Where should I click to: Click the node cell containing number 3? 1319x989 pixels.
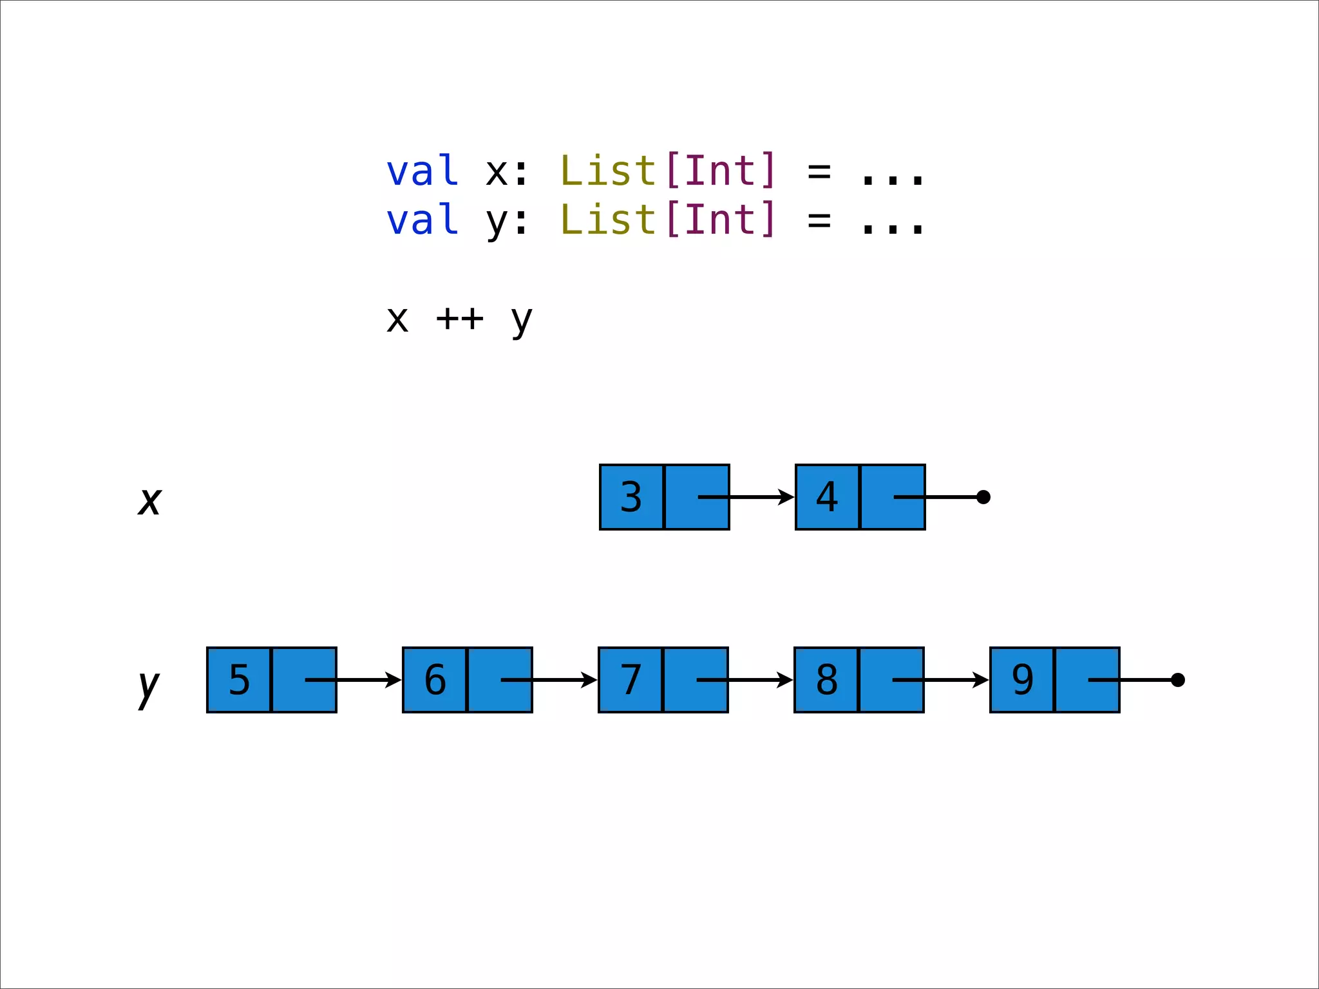[x=631, y=497]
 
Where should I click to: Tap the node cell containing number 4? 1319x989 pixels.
[x=827, y=497]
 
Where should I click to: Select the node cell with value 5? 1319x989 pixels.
[x=239, y=680]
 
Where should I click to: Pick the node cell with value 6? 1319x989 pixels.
[x=435, y=680]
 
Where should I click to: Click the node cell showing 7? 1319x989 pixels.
[x=631, y=680]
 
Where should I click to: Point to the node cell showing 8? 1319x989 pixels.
[x=826, y=680]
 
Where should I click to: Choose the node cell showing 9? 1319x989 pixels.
[x=1022, y=680]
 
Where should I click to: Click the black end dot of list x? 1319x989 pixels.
[x=983, y=497]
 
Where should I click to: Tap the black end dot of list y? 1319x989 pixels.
[x=1178, y=680]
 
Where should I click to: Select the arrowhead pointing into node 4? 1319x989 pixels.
[x=787, y=497]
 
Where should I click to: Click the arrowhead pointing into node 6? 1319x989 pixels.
[x=394, y=680]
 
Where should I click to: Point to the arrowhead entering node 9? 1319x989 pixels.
[x=982, y=680]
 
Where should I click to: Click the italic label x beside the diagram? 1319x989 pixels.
[x=149, y=501]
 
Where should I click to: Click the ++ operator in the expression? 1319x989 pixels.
[x=459, y=318]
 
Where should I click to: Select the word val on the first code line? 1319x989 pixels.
[x=422, y=171]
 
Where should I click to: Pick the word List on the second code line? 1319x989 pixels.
[x=608, y=220]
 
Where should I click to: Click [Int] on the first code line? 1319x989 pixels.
[x=721, y=171]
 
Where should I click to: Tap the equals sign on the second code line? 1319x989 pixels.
[x=819, y=221]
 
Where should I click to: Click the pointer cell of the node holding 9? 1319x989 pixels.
[x=1087, y=680]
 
